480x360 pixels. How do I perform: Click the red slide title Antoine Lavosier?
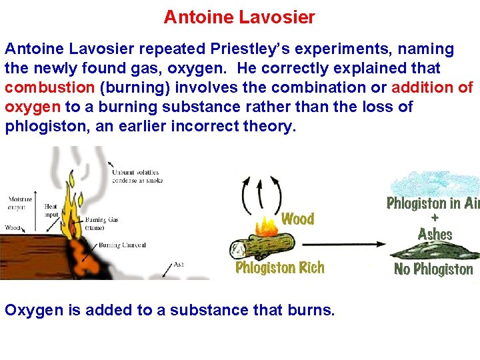(239, 17)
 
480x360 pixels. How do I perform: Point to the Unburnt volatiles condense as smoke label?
(137, 176)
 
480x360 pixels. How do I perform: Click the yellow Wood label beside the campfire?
(297, 219)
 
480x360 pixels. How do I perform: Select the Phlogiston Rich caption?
(280, 268)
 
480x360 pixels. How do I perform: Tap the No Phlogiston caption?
(433, 269)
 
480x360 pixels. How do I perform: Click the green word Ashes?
(435, 234)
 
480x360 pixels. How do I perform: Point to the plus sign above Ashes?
(435, 218)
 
